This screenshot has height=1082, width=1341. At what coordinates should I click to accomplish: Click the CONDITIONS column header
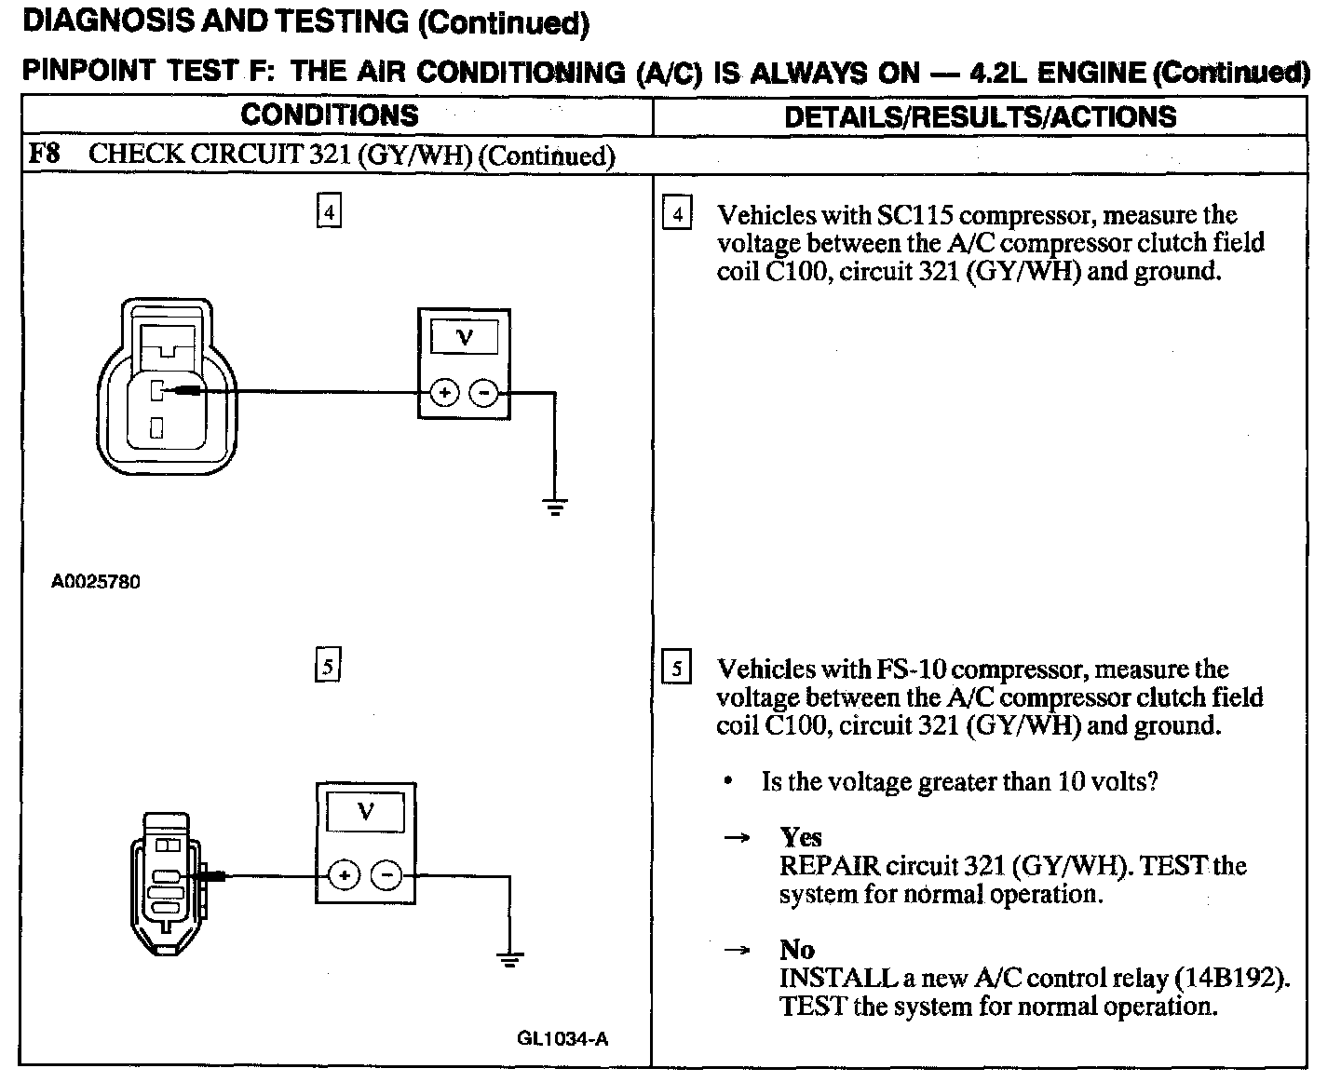tap(330, 115)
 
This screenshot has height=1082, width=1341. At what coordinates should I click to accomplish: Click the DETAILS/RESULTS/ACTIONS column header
tap(980, 116)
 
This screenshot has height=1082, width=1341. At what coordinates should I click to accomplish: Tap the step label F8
tap(44, 154)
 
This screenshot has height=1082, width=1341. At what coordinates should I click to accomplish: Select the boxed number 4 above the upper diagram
tap(329, 211)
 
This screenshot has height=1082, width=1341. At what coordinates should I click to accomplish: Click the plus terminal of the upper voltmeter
tap(444, 393)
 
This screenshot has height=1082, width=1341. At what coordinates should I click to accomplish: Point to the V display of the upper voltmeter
tap(464, 338)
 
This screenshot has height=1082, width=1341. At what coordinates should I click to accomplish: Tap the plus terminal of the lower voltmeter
tap(345, 875)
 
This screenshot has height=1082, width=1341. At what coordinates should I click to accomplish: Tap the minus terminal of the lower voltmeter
tap(386, 875)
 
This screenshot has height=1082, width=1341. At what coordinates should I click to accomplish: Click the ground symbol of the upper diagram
tap(555, 507)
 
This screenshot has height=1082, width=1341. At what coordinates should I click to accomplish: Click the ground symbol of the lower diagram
tap(509, 959)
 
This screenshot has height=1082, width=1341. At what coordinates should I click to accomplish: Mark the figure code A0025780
tap(96, 582)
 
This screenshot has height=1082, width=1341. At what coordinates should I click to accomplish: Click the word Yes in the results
tap(801, 837)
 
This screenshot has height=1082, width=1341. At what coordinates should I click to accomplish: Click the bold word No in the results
tap(797, 950)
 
